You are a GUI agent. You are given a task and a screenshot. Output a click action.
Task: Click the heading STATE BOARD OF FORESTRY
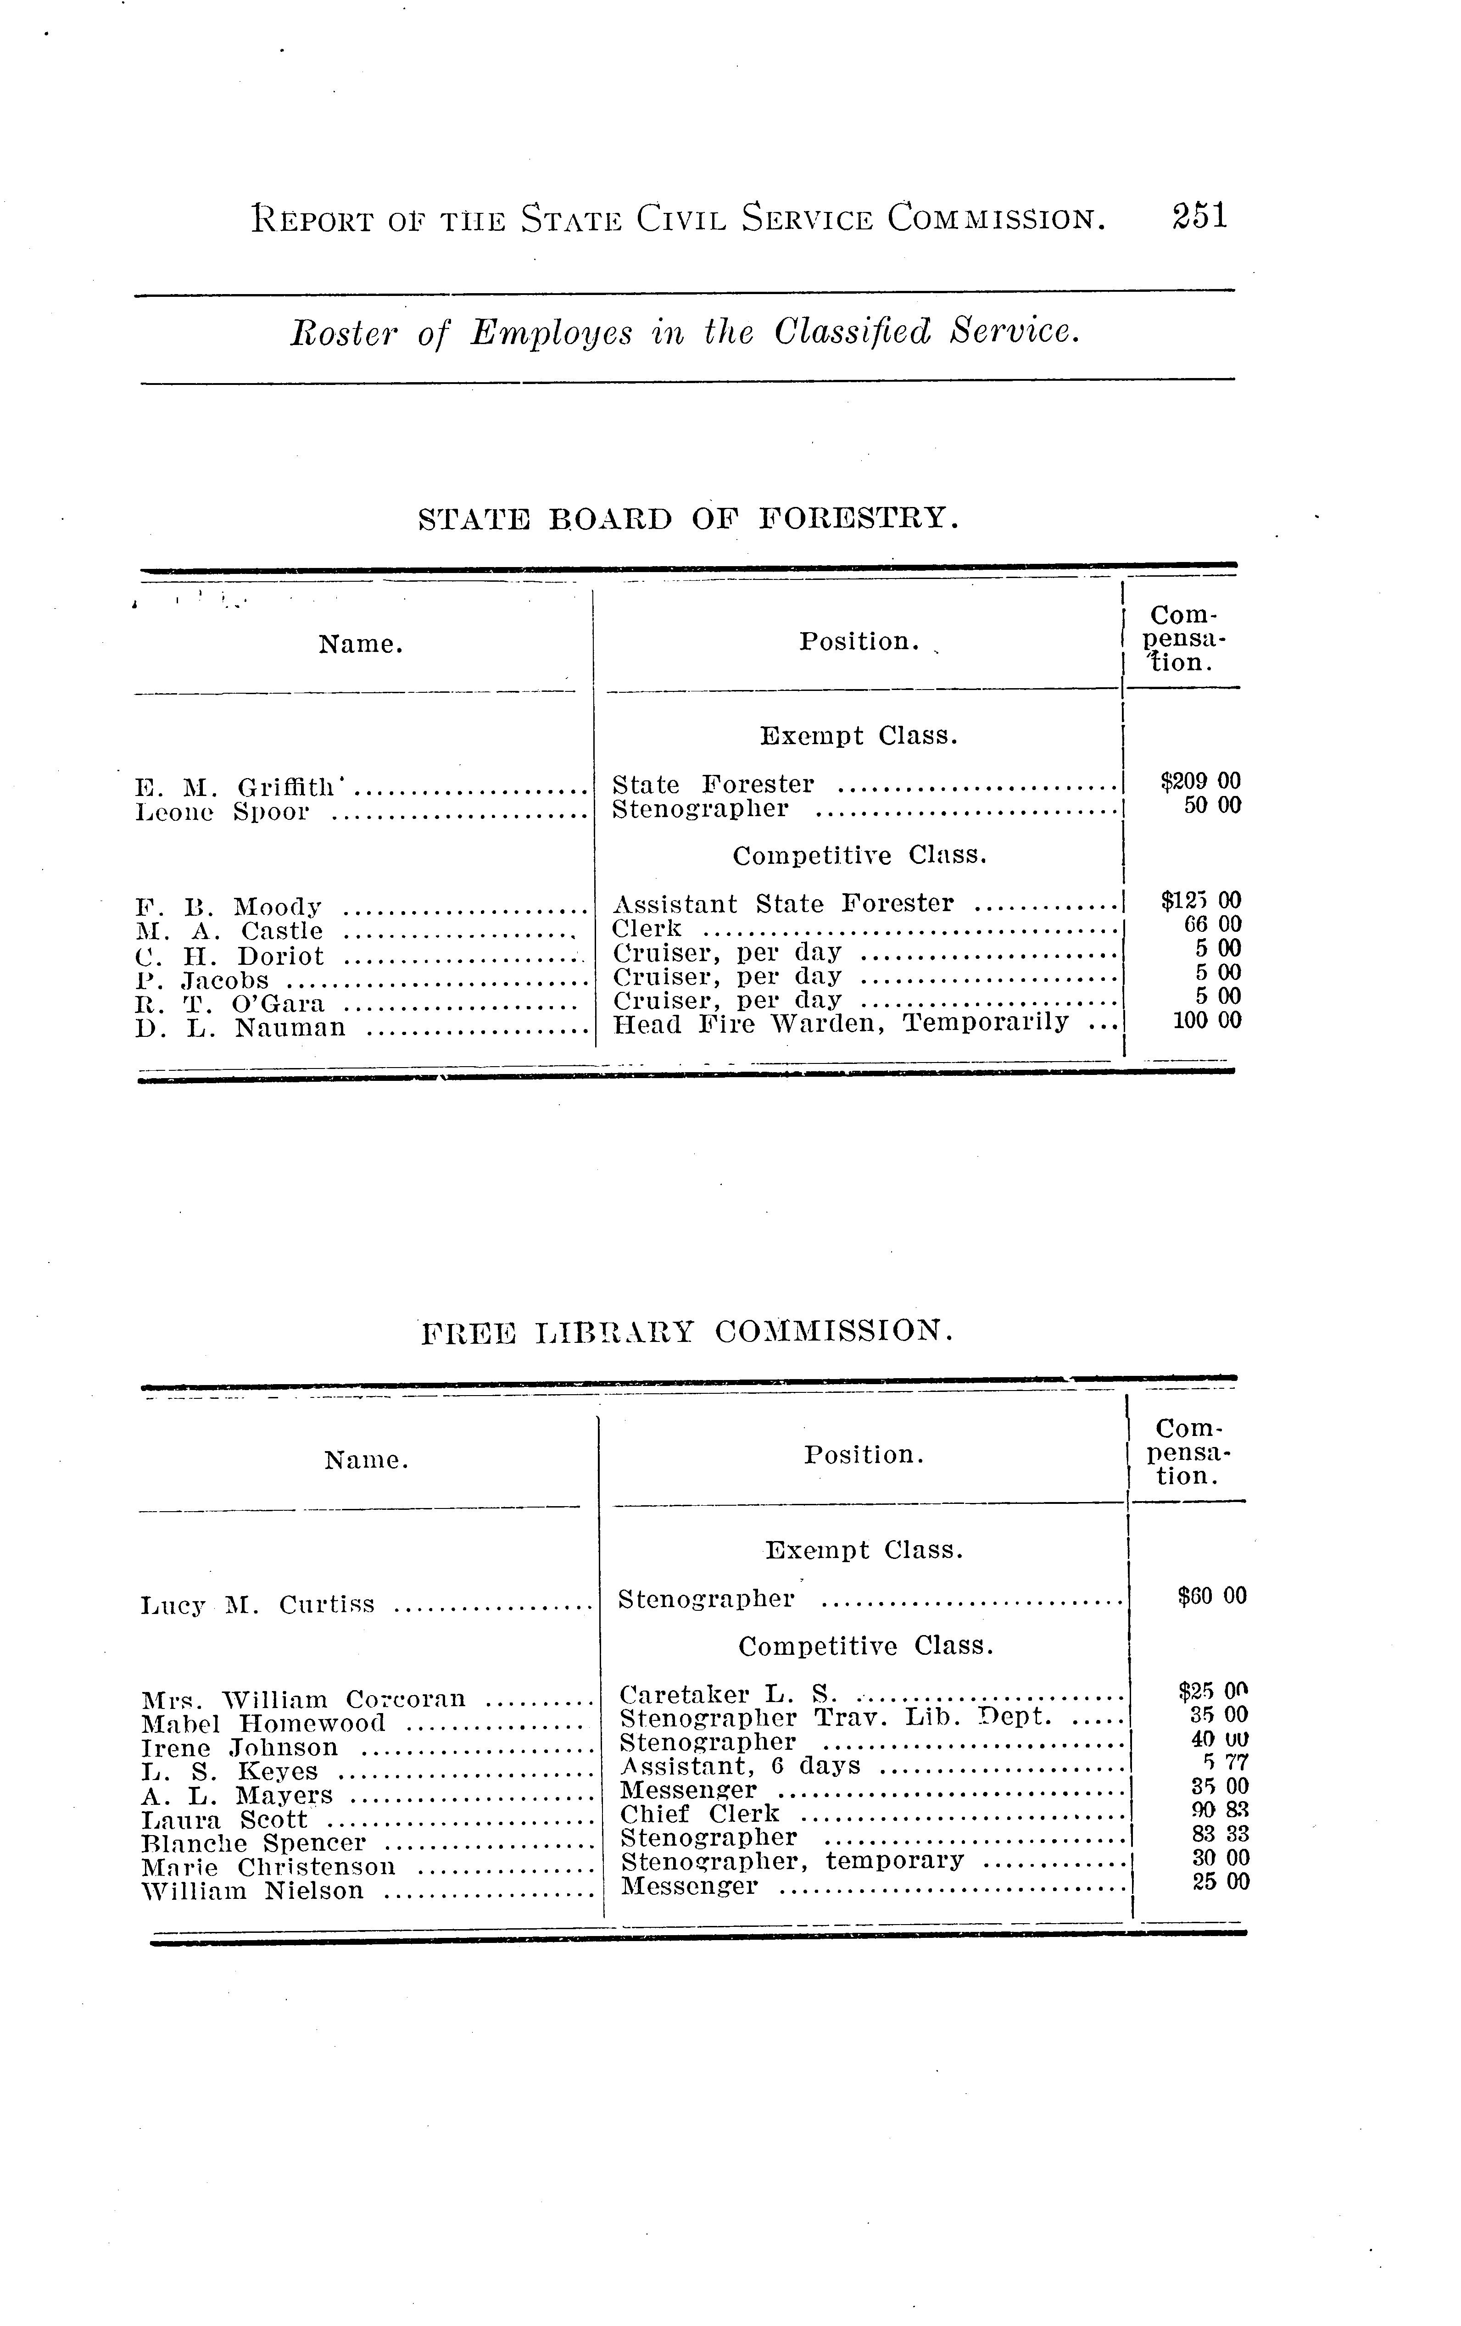689,520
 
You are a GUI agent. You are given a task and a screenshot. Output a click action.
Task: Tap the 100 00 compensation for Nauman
1207,1020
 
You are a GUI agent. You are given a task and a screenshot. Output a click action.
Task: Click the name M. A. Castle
230,931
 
